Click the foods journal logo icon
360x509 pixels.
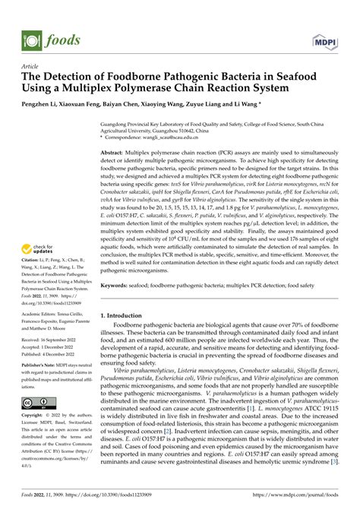tap(30, 17)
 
